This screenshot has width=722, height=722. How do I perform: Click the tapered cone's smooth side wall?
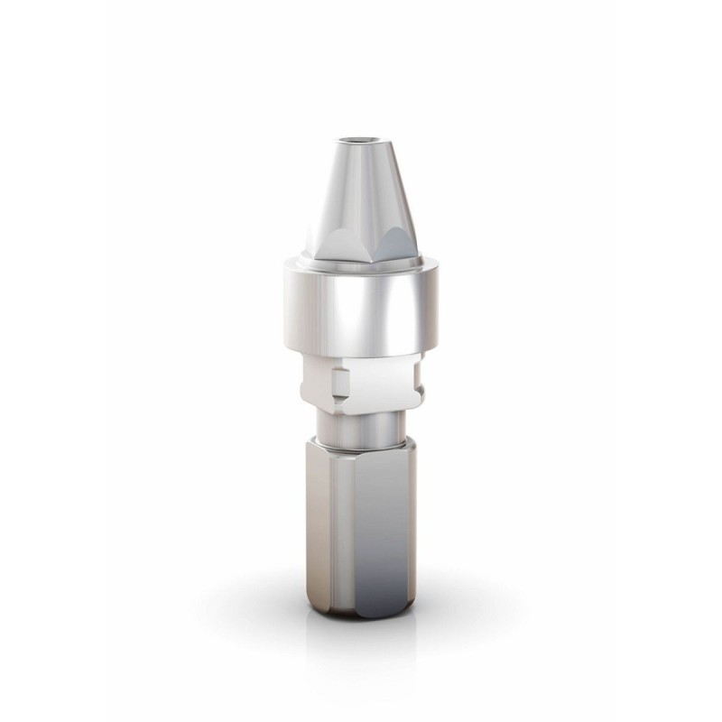(x=356, y=194)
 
